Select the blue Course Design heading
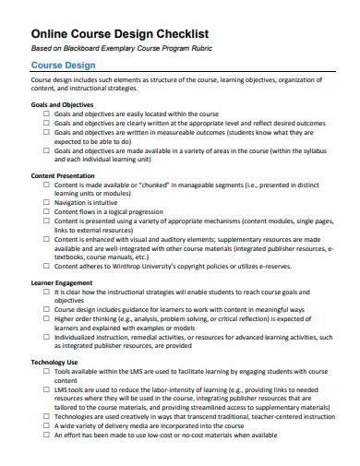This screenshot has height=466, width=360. (63, 66)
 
